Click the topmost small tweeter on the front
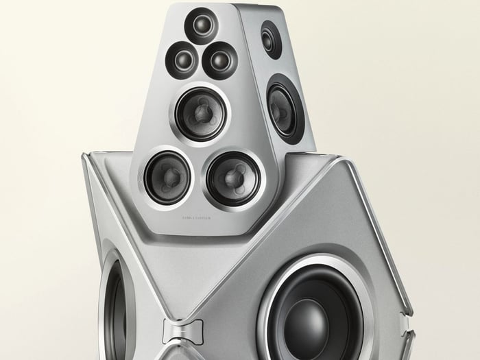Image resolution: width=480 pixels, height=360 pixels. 202,27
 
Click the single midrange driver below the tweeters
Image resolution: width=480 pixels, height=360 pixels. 201,113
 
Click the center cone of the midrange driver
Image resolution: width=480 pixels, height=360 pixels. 201,113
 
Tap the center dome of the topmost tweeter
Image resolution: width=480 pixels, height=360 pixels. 202,27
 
